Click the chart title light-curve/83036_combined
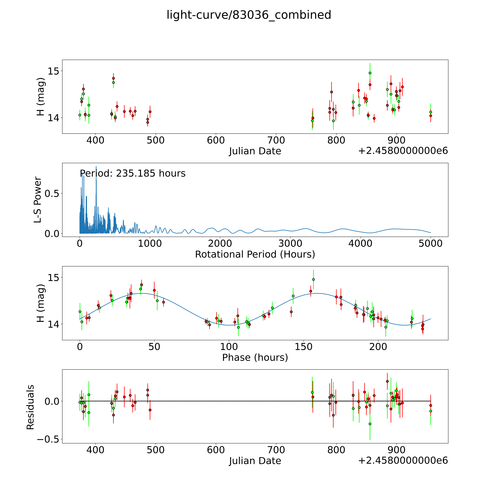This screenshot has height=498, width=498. pyautogui.click(x=249, y=15)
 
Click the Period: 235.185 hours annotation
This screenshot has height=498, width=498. pyautogui.click(x=133, y=173)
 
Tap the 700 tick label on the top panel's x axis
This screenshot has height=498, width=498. pyautogui.click(x=276, y=140)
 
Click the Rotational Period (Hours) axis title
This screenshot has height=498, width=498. pyautogui.click(x=255, y=254)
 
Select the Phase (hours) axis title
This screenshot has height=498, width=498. pyautogui.click(x=255, y=358)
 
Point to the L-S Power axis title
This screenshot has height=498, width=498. pyautogui.click(x=38, y=200)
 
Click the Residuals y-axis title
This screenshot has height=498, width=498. pyautogui.click(x=30, y=407)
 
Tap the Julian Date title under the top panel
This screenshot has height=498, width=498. pyautogui.click(x=255, y=151)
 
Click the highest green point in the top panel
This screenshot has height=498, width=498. pyautogui.click(x=370, y=73)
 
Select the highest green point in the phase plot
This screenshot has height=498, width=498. pyautogui.click(x=313, y=279)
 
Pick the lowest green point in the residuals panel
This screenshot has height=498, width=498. pyautogui.click(x=370, y=424)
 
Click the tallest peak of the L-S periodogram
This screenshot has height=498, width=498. pyautogui.click(x=96, y=167)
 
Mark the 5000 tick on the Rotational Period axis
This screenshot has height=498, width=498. pyautogui.click(x=430, y=244)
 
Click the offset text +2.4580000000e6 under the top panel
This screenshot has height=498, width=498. pyautogui.click(x=403, y=151)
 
